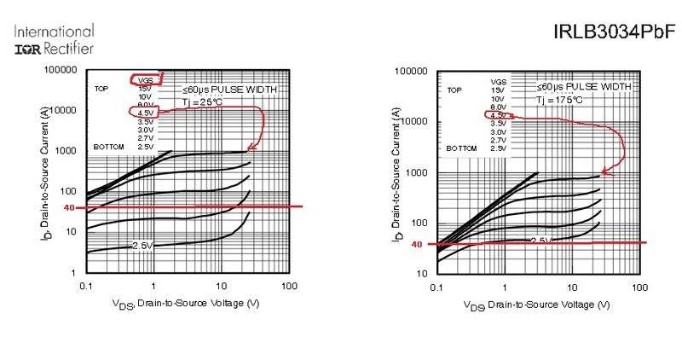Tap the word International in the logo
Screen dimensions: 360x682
[54, 31]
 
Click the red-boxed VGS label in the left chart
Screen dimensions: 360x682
[145, 79]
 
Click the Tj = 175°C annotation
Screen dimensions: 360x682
[560, 100]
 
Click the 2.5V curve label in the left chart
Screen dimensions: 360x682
[143, 246]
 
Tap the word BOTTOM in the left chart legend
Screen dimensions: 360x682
[109, 147]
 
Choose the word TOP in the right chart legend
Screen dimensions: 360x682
[454, 90]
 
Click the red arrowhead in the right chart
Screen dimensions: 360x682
[605, 171]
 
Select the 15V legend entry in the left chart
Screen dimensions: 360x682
[145, 88]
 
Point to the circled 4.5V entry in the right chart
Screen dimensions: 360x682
[499, 115]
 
